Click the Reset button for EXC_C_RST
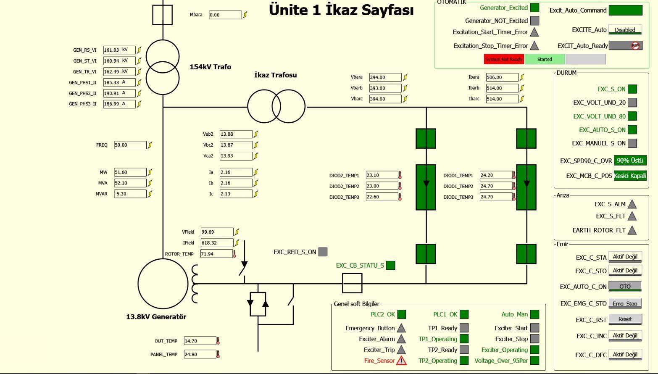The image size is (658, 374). point(625,319)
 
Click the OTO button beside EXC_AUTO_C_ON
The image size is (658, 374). point(625,287)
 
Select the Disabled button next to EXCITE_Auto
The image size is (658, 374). point(625,30)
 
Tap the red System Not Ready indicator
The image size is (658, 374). point(504,59)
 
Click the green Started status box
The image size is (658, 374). point(545,59)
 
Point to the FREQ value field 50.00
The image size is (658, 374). point(130,145)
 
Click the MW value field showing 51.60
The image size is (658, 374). point(130,172)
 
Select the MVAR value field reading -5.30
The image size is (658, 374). point(130,194)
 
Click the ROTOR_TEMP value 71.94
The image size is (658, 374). point(216,254)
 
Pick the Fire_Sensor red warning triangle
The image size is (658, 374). point(402,361)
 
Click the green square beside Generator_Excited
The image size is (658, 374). point(534,8)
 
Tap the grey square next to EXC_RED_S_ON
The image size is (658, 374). point(323,252)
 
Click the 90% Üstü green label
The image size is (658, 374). point(630,161)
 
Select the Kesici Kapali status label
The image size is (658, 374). point(630,176)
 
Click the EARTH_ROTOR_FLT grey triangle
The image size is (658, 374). point(632,230)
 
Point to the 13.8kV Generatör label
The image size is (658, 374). point(156,317)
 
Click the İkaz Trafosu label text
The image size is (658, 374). point(276,75)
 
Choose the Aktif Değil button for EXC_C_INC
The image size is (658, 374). point(625,336)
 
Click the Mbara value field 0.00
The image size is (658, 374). point(225,15)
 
